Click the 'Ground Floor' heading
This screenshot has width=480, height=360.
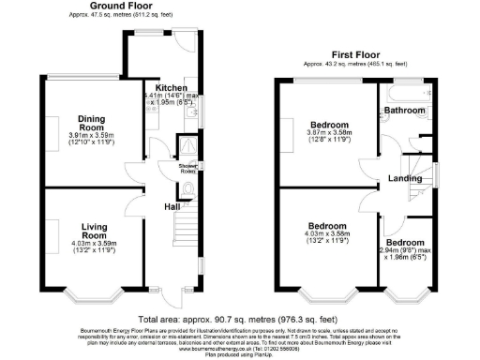coord(122,6)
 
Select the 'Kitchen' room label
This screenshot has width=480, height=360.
coord(172,87)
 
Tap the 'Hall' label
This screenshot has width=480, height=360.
coord(173,207)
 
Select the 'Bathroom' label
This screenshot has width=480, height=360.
coord(404,111)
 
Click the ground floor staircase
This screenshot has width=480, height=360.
coord(188,234)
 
